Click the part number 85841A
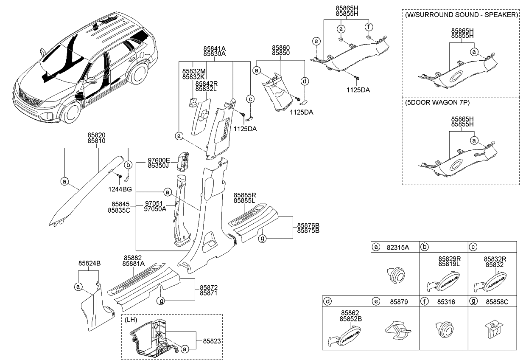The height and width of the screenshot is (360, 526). [214, 48]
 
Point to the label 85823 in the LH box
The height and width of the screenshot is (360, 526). [212, 340]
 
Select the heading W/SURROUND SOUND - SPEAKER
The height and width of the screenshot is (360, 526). [462, 14]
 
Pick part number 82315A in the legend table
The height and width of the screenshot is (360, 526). [398, 247]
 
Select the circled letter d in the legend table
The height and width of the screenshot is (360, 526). [327, 302]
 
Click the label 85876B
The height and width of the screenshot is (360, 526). [308, 225]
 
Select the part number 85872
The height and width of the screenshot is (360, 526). [209, 287]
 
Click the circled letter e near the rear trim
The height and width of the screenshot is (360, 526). [316, 41]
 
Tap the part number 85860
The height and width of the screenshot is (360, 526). [281, 48]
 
